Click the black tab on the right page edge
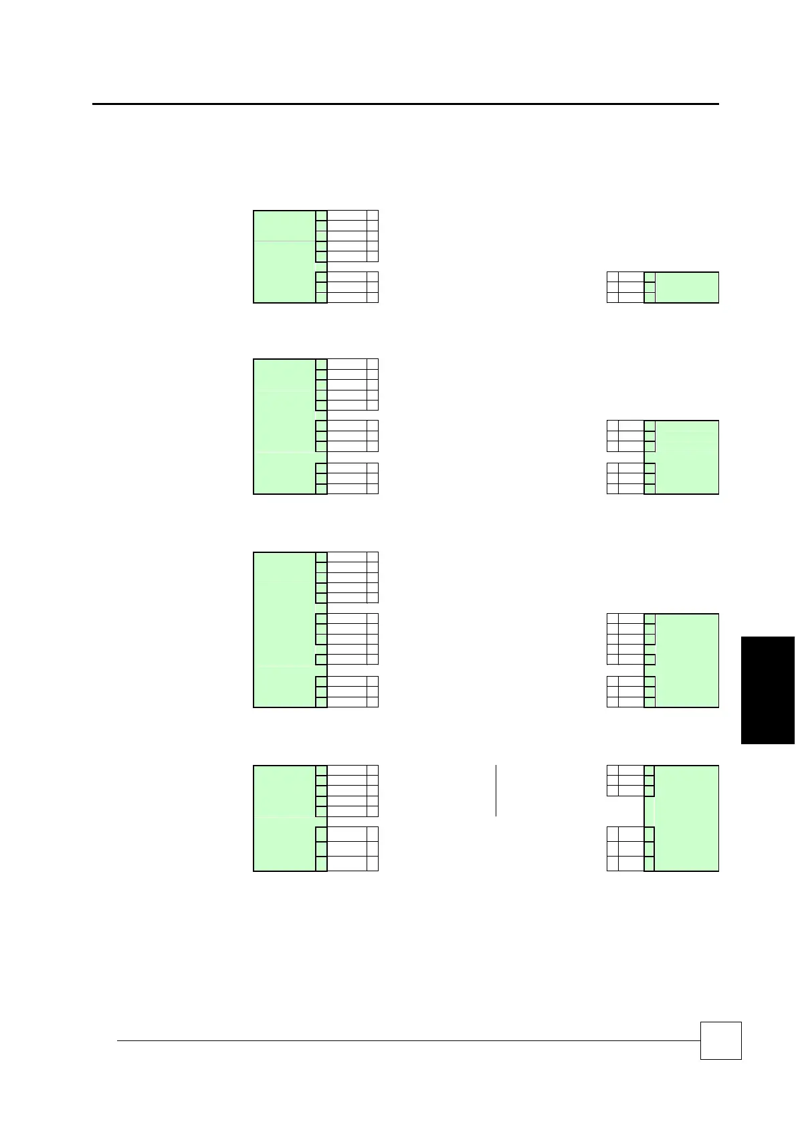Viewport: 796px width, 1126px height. pyautogui.click(x=768, y=689)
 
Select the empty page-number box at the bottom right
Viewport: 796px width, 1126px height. pyautogui.click(x=720, y=1040)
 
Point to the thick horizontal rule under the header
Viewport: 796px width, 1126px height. pyautogui.click(x=405, y=104)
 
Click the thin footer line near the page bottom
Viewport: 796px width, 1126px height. pyautogui.click(x=408, y=1040)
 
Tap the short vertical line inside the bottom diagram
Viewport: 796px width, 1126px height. pyautogui.click(x=496, y=790)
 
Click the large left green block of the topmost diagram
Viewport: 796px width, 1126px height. pyautogui.click(x=284, y=257)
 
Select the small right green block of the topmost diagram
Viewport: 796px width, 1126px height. pyautogui.click(x=687, y=288)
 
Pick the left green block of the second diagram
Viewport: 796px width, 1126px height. pyautogui.click(x=284, y=427)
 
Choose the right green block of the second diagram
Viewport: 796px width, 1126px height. pyautogui.click(x=687, y=457)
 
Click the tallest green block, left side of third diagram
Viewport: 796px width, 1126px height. pyautogui.click(x=284, y=630)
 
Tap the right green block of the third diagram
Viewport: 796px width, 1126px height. pyautogui.click(x=687, y=661)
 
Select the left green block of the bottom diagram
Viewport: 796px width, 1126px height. pyautogui.click(x=284, y=818)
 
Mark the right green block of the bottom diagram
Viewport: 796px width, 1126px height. pyautogui.click(x=687, y=818)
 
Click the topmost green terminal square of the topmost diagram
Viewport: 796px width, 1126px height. pyautogui.click(x=321, y=215)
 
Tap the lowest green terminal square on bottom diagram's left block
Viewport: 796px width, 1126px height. pyautogui.click(x=321, y=863)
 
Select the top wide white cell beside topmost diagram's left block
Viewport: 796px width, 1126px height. pyautogui.click(x=347, y=215)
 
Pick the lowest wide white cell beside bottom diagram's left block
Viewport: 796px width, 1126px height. pyautogui.click(x=347, y=863)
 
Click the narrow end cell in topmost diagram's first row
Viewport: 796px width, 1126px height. pyautogui.click(x=373, y=215)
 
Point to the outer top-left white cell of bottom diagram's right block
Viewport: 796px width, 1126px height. pyautogui.click(x=612, y=770)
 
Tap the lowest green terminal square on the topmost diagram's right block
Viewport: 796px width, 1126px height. pyautogui.click(x=650, y=298)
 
